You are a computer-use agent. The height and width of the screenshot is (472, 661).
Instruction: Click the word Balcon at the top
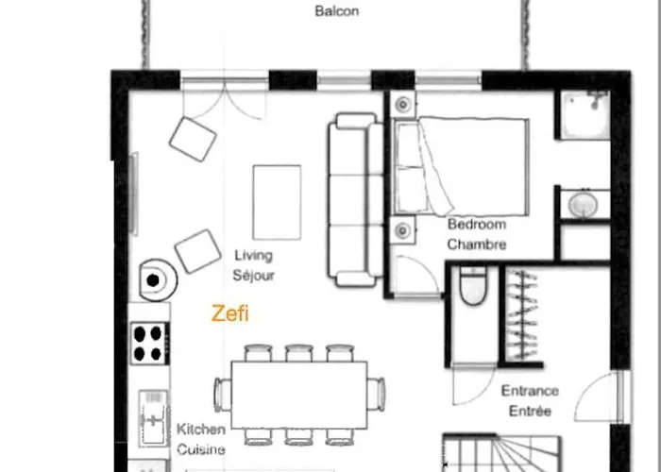(x=336, y=12)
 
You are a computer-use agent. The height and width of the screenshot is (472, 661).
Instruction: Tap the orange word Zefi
(x=230, y=313)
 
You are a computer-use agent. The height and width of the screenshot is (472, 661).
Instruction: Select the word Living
(x=253, y=256)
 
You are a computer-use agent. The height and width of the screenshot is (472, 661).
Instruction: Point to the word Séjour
(x=253, y=276)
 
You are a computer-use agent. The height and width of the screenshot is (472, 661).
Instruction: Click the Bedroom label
(x=477, y=226)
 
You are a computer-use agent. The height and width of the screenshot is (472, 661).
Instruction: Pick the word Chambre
(x=477, y=245)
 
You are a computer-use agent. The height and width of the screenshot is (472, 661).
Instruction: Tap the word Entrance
(x=530, y=391)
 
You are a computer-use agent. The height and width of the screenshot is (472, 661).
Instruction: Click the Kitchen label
(x=201, y=430)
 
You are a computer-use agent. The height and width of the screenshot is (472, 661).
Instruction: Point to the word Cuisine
(x=201, y=449)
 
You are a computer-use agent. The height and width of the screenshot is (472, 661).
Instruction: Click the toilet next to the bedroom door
(x=471, y=286)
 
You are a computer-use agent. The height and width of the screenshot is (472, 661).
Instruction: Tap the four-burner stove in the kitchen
(x=150, y=343)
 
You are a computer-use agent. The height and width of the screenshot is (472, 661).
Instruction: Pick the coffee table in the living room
(x=277, y=202)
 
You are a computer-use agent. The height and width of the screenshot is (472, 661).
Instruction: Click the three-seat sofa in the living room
(x=356, y=200)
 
